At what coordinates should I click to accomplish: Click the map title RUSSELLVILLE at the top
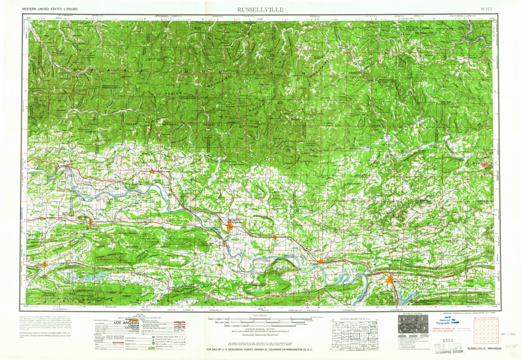pyautogui.click(x=260, y=9)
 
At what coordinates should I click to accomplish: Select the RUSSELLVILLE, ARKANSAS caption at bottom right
pyautogui.click(x=484, y=349)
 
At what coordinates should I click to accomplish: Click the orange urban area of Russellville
pyautogui.click(x=230, y=227)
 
